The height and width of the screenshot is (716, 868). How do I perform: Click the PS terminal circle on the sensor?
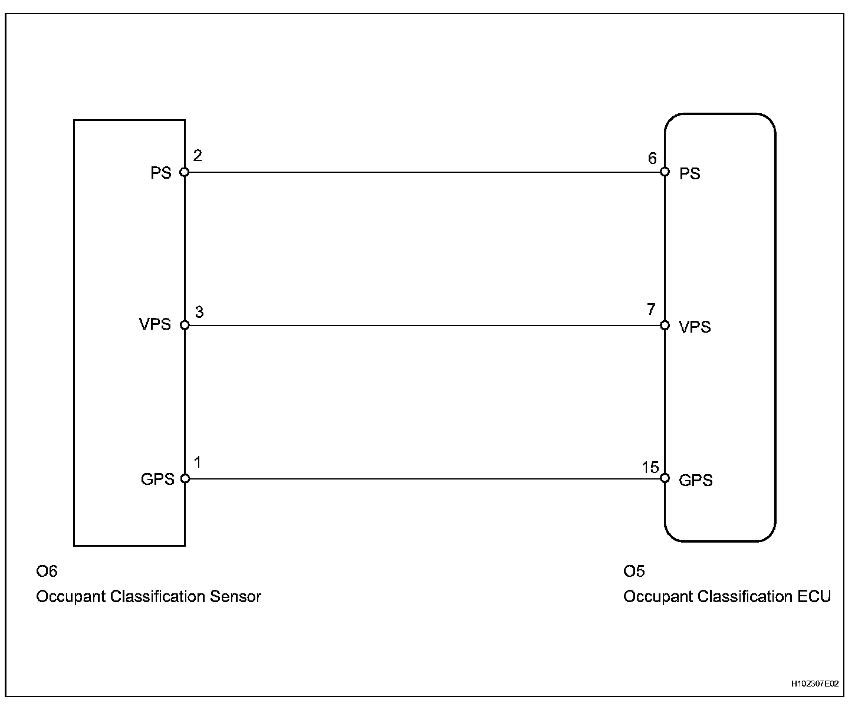click(185, 172)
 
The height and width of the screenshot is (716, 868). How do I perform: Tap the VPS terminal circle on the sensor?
click(185, 325)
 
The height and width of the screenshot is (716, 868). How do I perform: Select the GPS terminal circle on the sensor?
click(185, 478)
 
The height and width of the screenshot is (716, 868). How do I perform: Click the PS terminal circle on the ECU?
click(665, 172)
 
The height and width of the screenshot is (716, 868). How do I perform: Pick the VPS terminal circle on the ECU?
click(665, 325)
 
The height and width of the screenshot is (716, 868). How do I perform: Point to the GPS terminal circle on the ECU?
click(665, 478)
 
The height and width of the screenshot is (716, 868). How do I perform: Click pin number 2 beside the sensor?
click(198, 156)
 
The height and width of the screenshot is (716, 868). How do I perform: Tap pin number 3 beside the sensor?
click(199, 312)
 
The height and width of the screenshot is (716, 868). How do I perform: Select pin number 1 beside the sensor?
click(198, 462)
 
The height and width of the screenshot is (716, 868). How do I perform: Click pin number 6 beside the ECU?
click(652, 158)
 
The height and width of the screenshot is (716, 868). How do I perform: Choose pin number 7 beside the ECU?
click(651, 310)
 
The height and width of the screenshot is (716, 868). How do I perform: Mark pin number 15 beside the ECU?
click(650, 468)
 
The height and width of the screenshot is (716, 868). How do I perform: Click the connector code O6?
click(47, 571)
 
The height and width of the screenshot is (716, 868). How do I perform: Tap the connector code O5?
click(634, 571)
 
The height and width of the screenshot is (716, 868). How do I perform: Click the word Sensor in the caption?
click(235, 597)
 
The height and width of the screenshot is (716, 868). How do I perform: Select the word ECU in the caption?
click(814, 597)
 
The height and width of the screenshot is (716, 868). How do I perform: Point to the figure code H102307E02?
click(814, 684)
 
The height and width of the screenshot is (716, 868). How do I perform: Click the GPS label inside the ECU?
click(696, 480)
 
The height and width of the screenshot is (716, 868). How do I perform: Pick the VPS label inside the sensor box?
click(155, 324)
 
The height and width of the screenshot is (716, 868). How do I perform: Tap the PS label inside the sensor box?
click(161, 173)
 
